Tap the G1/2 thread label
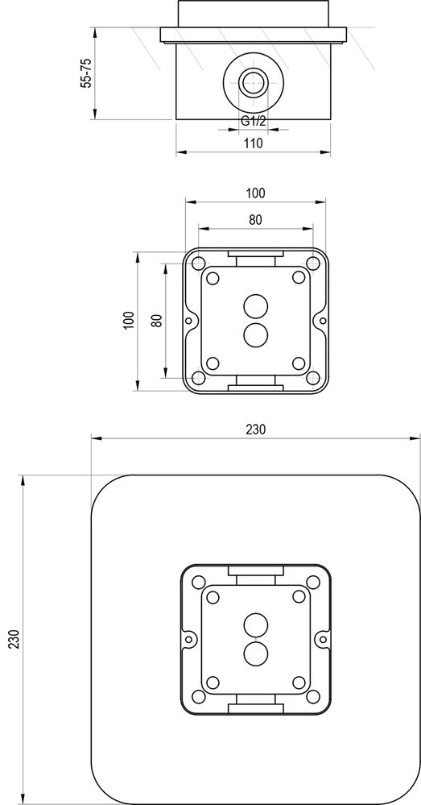point(254,121)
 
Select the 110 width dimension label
point(254,143)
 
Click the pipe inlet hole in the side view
point(254,81)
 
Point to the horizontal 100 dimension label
point(255,193)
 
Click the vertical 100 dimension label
point(127,320)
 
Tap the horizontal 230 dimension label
point(255,429)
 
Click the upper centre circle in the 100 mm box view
point(255,306)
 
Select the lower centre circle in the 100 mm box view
point(255,334)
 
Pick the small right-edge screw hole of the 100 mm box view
point(323,320)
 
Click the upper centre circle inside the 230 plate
point(255,624)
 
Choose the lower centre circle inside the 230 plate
point(255,652)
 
